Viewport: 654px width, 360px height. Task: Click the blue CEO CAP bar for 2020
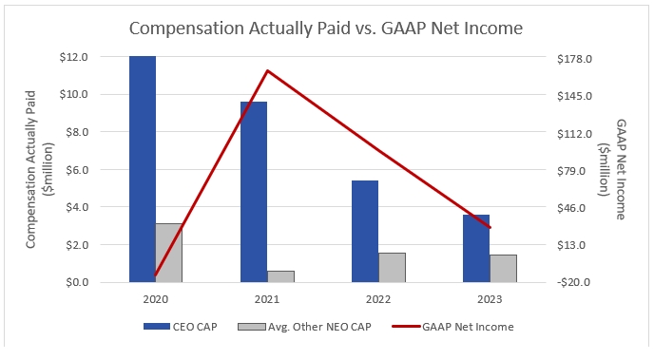tap(143, 169)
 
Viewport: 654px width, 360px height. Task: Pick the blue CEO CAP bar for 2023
tap(476, 248)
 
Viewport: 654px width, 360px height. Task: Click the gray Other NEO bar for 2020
tap(169, 253)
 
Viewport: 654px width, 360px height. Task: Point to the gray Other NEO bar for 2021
tap(280, 276)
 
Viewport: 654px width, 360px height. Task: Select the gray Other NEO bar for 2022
tap(392, 267)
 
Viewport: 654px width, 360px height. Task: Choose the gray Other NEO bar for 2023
tap(503, 268)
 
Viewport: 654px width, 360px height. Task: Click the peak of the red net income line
tap(268, 70)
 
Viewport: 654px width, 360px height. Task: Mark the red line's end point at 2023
tap(490, 228)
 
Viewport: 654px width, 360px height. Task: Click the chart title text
tap(326, 28)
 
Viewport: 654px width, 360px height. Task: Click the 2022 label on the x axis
tap(378, 299)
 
